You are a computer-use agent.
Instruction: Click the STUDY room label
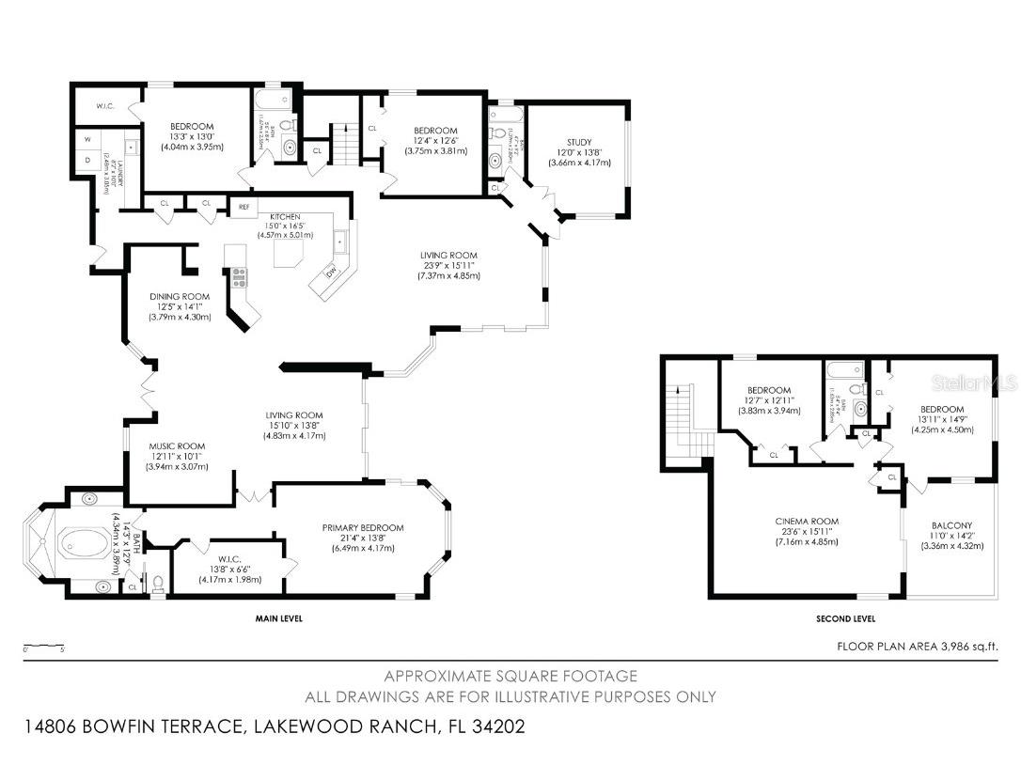click(x=579, y=142)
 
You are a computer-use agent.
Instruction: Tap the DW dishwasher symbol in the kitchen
click(x=331, y=273)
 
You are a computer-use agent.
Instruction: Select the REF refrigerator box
click(x=243, y=207)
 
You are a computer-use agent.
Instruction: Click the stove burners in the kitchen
click(x=239, y=276)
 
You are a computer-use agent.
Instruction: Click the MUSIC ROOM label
click(x=176, y=446)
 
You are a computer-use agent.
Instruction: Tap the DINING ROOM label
click(x=179, y=296)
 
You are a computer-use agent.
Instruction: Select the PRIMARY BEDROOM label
click(x=362, y=528)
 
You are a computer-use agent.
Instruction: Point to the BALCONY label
click(x=951, y=525)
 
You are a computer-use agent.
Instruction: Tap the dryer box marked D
click(x=87, y=162)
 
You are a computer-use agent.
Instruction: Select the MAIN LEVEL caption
click(x=278, y=618)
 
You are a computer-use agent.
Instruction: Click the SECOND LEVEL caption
click(x=846, y=618)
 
